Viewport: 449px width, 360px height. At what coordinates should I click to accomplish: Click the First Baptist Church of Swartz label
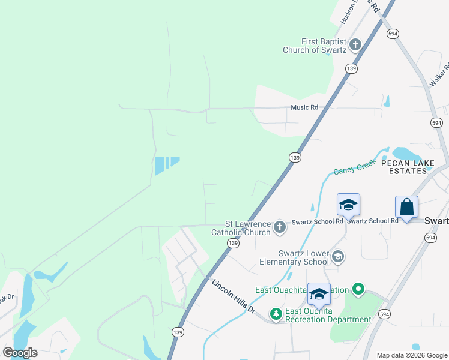coord(315,46)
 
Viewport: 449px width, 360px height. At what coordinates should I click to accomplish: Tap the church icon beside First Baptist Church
coord(355,44)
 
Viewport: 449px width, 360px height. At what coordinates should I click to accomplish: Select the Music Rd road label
coord(304,107)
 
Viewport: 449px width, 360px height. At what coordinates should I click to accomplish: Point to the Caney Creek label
coord(355,166)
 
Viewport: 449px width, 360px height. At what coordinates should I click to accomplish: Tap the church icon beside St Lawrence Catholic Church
coord(279,227)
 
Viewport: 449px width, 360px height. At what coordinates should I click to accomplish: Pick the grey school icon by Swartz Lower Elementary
coord(338,257)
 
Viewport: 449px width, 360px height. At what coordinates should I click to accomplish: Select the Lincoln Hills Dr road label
coord(233,296)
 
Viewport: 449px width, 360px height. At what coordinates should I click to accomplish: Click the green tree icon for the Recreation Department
coord(276,313)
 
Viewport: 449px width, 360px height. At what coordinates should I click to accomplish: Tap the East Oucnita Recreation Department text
coord(328,315)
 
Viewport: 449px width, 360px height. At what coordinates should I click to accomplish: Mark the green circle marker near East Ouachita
coord(358,290)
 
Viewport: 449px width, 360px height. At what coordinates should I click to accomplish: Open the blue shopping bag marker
coord(406,207)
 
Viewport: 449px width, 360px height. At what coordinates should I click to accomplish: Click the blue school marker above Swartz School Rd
coord(348,205)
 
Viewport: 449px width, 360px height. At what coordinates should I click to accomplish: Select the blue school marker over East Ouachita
coord(319,294)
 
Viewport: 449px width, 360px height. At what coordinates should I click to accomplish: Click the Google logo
coord(20,353)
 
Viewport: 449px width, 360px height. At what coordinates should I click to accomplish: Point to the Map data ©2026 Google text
coord(412,355)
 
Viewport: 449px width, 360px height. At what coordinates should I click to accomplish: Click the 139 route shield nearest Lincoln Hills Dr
coord(233,243)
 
